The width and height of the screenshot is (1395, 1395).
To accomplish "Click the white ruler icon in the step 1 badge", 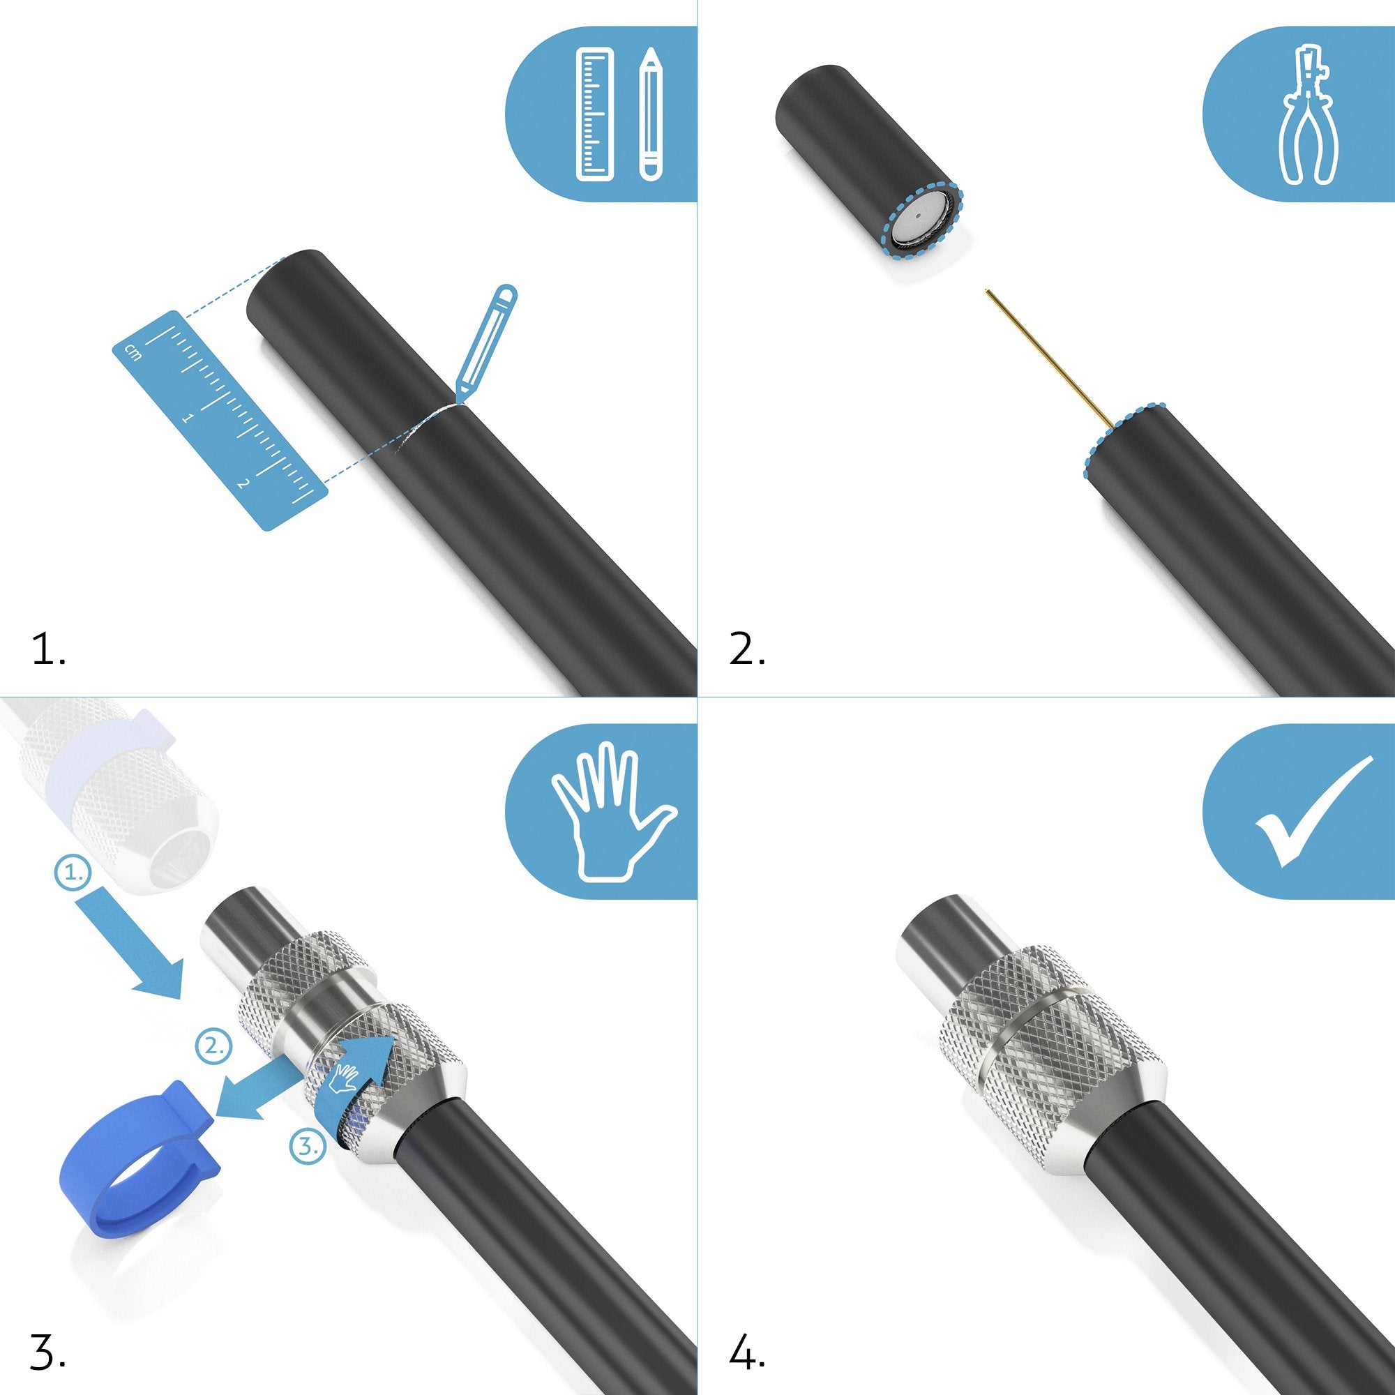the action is point(596,114).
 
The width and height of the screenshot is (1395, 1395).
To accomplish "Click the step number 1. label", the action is point(49,649).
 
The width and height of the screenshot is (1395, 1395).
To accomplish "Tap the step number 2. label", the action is point(746,649).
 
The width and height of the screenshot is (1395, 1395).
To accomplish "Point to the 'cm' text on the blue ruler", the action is point(132,352).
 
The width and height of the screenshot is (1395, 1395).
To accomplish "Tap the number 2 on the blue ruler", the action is point(243,483).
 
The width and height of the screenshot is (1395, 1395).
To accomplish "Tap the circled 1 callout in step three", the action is point(74,873).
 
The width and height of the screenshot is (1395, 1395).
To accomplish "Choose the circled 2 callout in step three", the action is point(214,1046).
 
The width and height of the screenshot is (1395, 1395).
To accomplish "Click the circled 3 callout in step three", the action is point(308,1146).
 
